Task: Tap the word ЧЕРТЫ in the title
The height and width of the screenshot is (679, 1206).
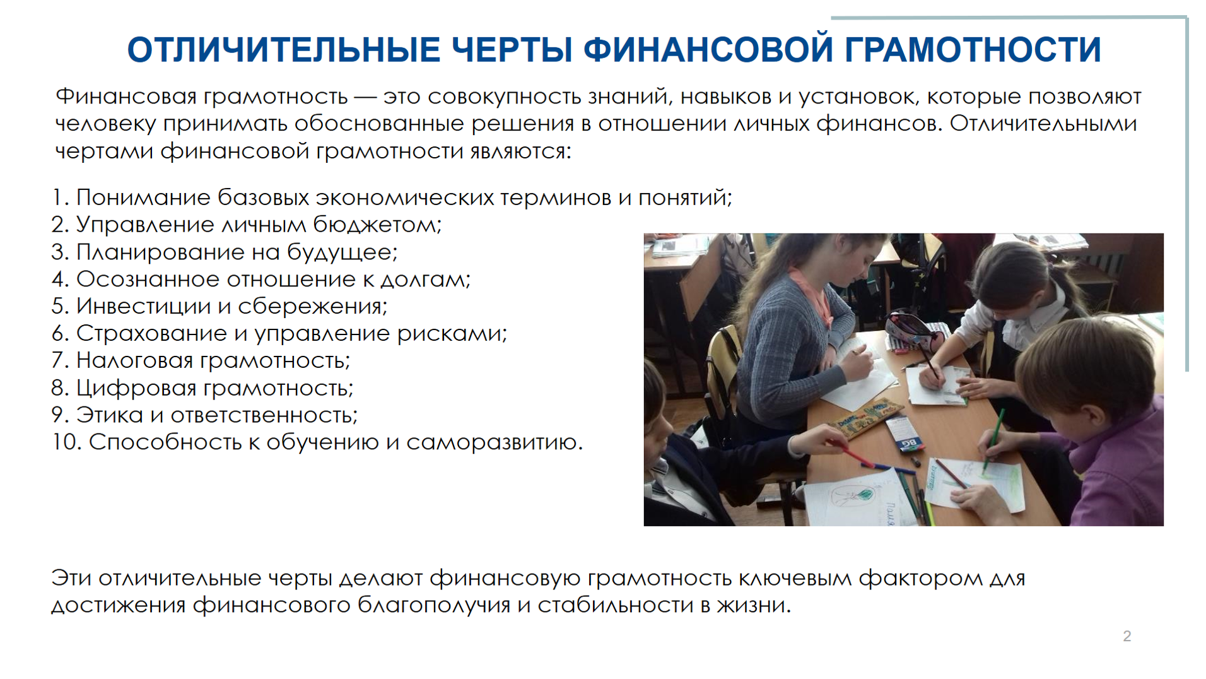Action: coord(512,50)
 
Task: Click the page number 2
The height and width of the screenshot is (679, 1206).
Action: coord(1127,636)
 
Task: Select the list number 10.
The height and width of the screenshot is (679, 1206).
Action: coord(66,442)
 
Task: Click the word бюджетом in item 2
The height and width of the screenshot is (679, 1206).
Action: coord(377,225)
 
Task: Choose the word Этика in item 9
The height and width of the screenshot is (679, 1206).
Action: coord(110,415)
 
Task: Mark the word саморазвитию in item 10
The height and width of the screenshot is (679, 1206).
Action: coord(494,442)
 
